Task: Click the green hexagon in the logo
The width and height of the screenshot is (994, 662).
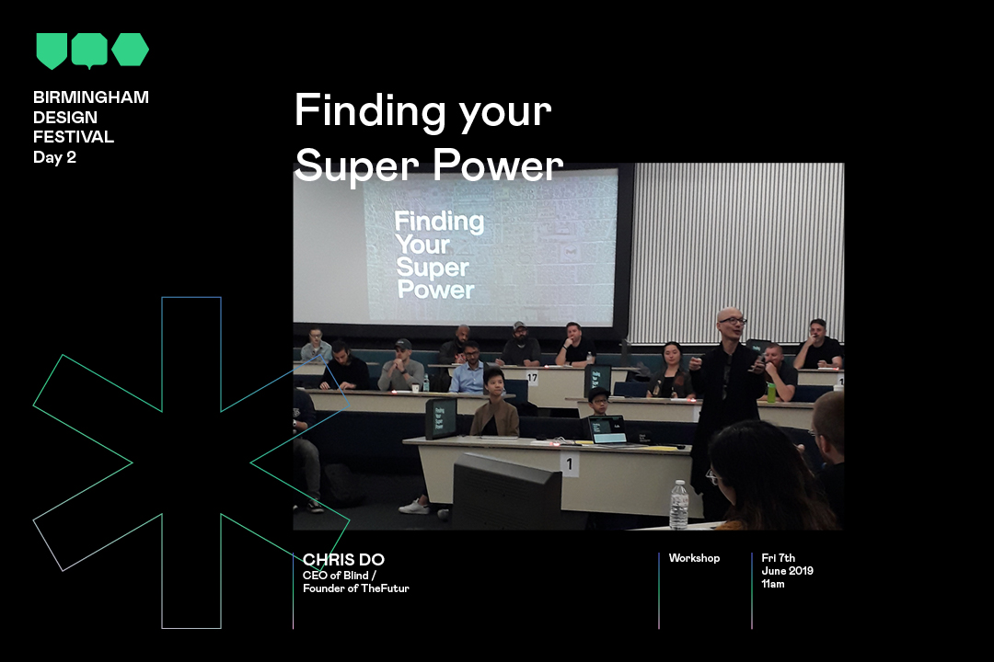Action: coord(131,50)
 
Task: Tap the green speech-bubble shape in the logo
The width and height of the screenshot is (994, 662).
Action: coord(89,51)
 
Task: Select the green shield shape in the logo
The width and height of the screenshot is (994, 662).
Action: coord(52,51)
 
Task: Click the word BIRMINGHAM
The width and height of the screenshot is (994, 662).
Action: coord(90,97)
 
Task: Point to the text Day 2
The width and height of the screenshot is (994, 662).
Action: coord(54,157)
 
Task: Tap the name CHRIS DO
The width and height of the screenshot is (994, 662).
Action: coord(343,559)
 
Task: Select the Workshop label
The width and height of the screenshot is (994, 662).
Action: coord(694,558)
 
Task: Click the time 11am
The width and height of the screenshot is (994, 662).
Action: coord(773,584)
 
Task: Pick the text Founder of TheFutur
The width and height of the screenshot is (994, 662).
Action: coord(355,588)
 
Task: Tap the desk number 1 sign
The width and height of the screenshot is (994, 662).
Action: coord(570,463)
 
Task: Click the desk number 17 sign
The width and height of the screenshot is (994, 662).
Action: coord(532,378)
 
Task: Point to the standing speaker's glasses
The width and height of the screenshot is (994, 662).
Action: coord(733,321)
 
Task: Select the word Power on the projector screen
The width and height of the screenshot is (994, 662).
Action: coord(435,290)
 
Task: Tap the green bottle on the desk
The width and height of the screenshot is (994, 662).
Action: coord(771,392)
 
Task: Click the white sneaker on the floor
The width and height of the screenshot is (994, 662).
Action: coord(414,507)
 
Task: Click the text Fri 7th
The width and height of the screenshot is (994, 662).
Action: coord(779,558)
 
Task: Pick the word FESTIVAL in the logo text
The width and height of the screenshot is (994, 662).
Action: coord(74,137)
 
